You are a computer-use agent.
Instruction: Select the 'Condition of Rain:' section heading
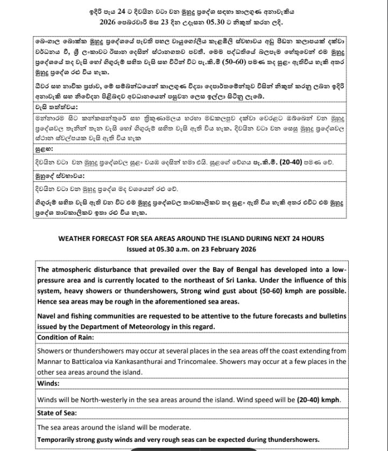coord(66,337)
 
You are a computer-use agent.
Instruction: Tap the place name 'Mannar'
coord(51,361)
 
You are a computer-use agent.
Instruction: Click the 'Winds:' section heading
coord(48,384)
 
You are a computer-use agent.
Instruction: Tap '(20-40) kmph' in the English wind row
coord(318,400)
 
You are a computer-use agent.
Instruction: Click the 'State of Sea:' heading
coord(57,413)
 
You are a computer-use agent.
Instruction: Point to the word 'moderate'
coord(173,427)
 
